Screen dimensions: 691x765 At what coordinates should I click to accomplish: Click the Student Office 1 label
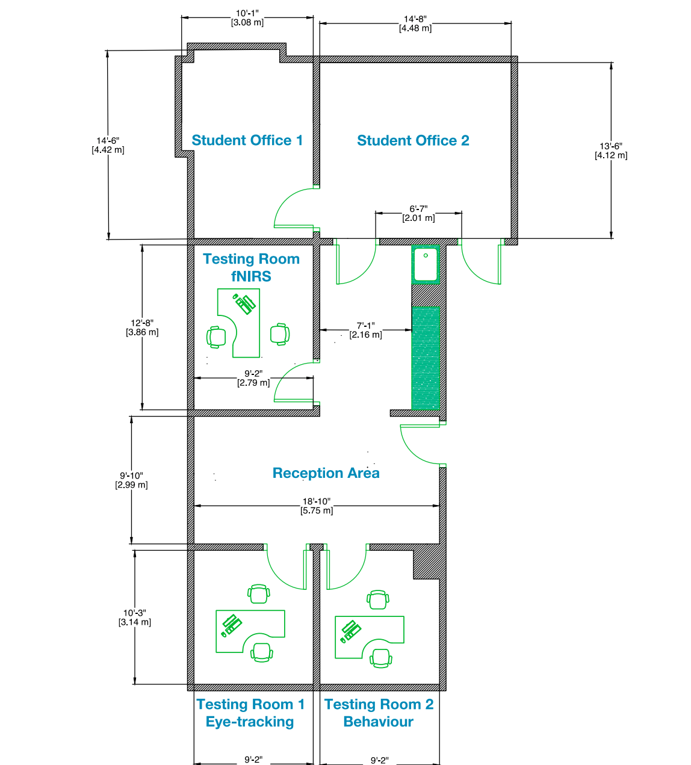click(247, 140)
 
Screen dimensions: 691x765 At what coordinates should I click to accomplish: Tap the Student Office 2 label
click(413, 140)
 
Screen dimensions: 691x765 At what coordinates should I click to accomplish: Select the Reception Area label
click(326, 473)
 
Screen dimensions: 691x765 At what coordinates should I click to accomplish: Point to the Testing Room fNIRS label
click(251, 267)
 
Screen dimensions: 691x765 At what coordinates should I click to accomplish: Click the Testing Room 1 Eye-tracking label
click(250, 713)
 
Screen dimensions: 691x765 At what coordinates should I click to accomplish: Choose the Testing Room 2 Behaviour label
click(379, 713)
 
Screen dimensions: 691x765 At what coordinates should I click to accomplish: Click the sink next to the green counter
click(426, 265)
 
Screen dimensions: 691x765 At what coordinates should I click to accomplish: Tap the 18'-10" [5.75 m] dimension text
click(317, 506)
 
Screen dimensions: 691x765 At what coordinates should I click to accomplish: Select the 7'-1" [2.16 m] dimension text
click(365, 330)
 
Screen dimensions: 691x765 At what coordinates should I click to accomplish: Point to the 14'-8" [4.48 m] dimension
click(415, 23)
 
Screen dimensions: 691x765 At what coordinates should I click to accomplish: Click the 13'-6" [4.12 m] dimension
click(611, 150)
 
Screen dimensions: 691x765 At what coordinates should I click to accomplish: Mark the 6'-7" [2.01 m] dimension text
click(418, 214)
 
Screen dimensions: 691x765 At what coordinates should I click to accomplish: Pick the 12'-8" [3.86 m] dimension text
click(142, 327)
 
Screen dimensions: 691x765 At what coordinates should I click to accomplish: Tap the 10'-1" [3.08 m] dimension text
click(247, 18)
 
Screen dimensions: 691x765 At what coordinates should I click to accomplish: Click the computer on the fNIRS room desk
click(244, 303)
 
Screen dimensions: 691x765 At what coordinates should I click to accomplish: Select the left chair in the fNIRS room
click(216, 337)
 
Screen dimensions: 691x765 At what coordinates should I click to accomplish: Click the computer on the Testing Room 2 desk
click(350, 631)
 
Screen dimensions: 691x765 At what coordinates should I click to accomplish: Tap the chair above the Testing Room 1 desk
click(259, 594)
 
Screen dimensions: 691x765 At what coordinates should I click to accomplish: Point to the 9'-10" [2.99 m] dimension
click(131, 480)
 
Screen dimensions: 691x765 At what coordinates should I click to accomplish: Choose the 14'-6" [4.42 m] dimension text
click(108, 145)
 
